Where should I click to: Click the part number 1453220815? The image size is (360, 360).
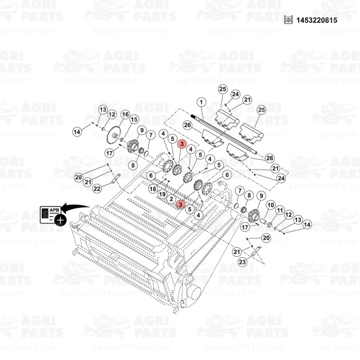317,20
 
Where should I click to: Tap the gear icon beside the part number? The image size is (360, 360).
288,20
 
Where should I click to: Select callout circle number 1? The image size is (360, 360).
201,102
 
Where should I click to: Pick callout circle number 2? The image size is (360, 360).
171,199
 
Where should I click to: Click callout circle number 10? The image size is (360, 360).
271,205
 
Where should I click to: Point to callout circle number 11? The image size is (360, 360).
280,210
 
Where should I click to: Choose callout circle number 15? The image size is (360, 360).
134,120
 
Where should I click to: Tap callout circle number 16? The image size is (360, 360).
125,114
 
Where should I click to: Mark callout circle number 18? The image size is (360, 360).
153,189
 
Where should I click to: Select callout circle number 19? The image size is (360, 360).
162,194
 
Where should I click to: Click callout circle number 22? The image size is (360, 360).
97,189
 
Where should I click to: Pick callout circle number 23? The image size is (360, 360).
242,262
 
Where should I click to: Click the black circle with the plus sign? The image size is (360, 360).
60,220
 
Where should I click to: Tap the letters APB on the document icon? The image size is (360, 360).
54,210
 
